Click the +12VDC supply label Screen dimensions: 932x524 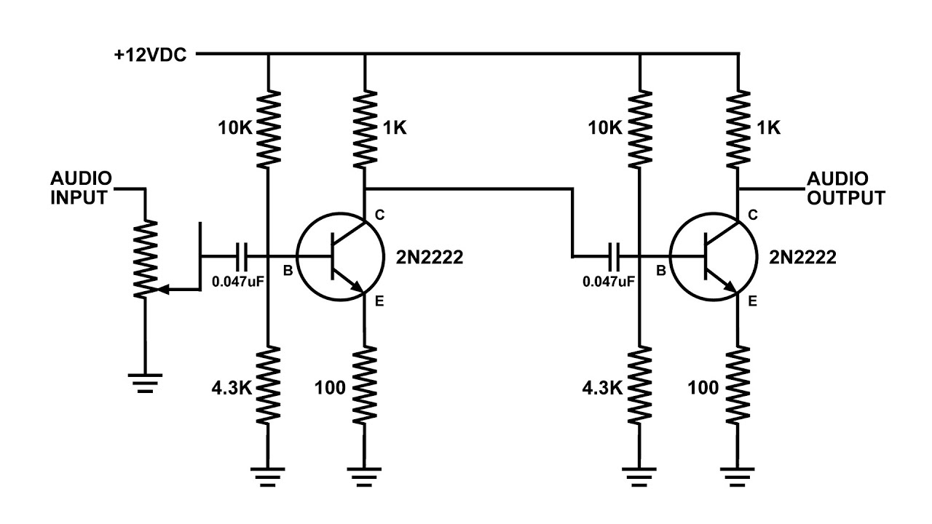[150, 55]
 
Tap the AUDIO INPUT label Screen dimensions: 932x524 [81, 188]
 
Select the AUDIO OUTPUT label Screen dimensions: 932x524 [846, 188]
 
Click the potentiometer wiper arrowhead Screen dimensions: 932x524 [165, 289]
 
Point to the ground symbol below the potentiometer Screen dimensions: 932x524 [145, 383]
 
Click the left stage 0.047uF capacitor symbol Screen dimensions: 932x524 [241, 257]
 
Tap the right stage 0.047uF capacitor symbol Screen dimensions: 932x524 [614, 257]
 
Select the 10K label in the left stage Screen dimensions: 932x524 [234, 128]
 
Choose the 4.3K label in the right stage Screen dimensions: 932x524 [602, 388]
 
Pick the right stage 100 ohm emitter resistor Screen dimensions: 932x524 [738, 385]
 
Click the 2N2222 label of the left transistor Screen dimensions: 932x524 [430, 258]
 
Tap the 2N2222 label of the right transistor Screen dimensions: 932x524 [802, 258]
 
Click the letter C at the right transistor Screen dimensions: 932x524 [753, 215]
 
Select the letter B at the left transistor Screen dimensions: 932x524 [288, 271]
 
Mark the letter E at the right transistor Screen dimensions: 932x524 [752, 301]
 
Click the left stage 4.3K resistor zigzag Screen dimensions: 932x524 [268, 385]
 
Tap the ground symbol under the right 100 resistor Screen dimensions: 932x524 [738, 477]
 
